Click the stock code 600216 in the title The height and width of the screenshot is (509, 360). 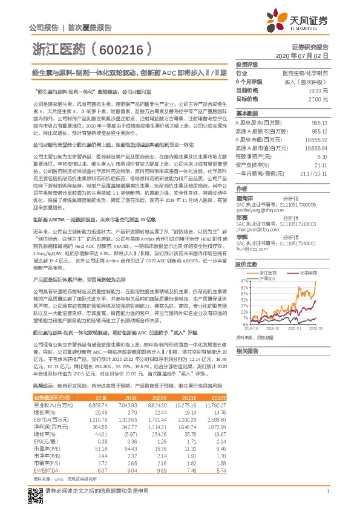point(119,47)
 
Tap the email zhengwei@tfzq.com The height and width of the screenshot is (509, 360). point(258,229)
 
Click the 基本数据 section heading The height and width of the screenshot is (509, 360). point(247,113)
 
